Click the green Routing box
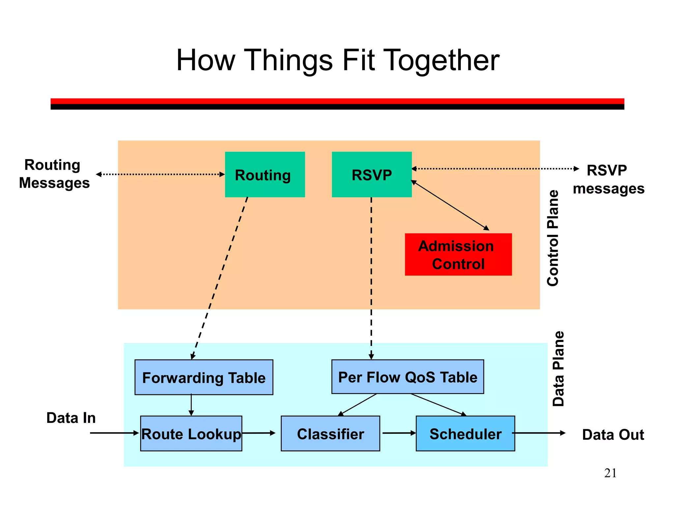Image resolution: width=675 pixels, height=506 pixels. pyautogui.click(x=265, y=175)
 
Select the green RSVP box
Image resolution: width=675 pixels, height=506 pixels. pyautogui.click(x=371, y=175)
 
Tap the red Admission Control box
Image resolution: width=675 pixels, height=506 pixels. pyautogui.click(x=458, y=255)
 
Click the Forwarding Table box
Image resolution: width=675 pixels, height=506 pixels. pyautogui.click(x=204, y=378)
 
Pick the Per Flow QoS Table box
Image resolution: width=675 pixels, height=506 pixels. pyautogui.click(x=407, y=377)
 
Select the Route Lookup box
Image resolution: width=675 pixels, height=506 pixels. pyautogui.click(x=191, y=434)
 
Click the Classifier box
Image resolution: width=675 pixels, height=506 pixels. pyautogui.click(x=330, y=434)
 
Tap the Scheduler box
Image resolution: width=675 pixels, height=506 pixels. pyautogui.click(x=465, y=434)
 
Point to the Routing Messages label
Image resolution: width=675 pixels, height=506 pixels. pyautogui.click(x=54, y=174)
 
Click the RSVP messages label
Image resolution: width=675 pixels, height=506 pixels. pyautogui.click(x=608, y=180)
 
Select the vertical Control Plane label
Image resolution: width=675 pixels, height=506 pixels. pyautogui.click(x=553, y=238)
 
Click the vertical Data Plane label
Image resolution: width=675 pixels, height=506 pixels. pyautogui.click(x=558, y=369)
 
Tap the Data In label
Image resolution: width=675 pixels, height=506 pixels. pyautogui.click(x=71, y=418)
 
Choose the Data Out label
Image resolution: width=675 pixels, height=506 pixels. pyautogui.click(x=613, y=435)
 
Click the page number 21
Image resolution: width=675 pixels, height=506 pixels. pyautogui.click(x=610, y=473)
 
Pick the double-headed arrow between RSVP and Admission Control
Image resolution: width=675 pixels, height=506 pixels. pyautogui.click(x=450, y=205)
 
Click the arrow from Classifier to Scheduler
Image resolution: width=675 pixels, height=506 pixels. pyautogui.click(x=398, y=433)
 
